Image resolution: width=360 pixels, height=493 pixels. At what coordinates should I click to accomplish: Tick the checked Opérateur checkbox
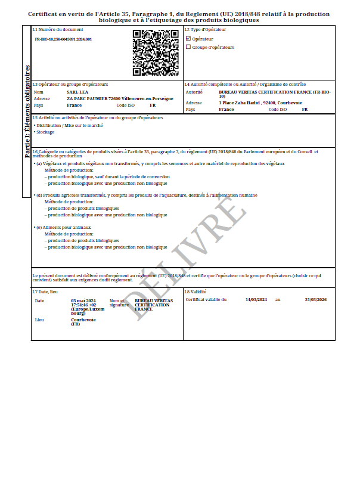pyautogui.click(x=188, y=39)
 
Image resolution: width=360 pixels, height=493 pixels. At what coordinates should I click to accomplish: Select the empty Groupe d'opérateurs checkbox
pyautogui.click(x=188, y=47)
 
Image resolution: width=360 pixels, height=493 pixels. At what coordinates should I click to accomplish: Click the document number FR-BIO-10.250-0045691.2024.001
pyautogui.click(x=63, y=39)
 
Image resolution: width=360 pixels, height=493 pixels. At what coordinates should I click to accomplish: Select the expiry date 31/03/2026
pyautogui.click(x=315, y=299)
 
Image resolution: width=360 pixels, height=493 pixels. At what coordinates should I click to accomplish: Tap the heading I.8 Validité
pyautogui.click(x=195, y=292)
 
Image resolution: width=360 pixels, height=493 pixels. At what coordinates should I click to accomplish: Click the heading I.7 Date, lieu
pyautogui.click(x=45, y=292)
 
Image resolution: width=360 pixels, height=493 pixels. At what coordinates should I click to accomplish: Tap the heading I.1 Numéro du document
pyautogui.click(x=58, y=29)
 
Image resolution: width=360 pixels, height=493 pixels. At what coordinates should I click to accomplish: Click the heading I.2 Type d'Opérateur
pyautogui.click(x=206, y=29)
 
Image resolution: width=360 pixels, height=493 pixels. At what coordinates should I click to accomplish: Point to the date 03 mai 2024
pyautogui.click(x=83, y=300)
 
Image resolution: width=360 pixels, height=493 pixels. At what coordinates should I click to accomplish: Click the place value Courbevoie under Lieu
pyautogui.click(x=83, y=320)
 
